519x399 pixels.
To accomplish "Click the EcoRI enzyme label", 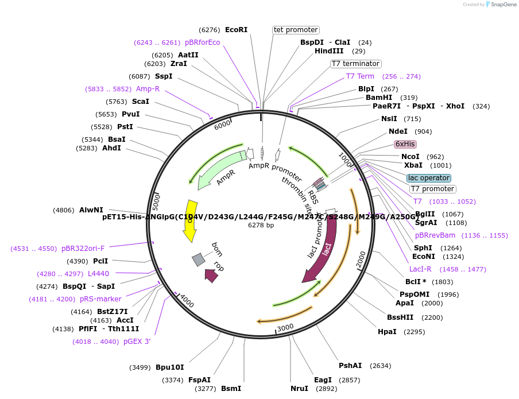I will pos(236,30).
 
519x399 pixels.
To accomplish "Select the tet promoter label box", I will pos(296,30).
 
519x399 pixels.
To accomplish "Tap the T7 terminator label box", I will pos(356,64).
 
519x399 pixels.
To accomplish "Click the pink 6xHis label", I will pos(405,144).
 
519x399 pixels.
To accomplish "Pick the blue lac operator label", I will pos(429,178).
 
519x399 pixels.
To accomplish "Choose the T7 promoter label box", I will pos(433,189).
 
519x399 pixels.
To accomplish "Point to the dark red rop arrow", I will pos(211,276).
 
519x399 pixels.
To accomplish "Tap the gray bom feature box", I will pos(199,259).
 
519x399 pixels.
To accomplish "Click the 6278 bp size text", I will pos(261,225).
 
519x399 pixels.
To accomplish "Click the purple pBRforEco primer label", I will pos(202,42).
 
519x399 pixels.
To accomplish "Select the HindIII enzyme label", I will pos(329,51).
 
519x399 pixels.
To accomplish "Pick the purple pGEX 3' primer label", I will pos(137,342).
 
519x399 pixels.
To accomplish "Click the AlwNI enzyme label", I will pos(91,210).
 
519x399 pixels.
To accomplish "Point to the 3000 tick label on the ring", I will pos(285,328).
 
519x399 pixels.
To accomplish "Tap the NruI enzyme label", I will pos(299,389).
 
